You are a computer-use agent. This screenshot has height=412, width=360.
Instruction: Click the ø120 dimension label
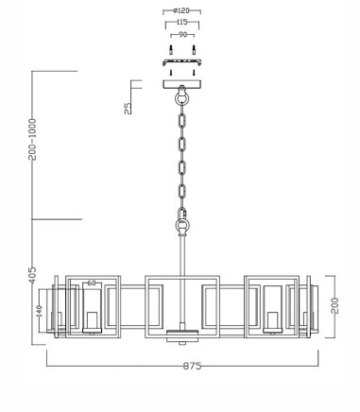click(181, 10)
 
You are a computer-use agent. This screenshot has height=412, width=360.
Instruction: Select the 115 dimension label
click(182, 23)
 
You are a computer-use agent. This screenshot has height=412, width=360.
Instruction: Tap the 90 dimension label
click(182, 35)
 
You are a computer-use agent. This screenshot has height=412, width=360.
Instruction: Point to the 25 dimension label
click(128, 109)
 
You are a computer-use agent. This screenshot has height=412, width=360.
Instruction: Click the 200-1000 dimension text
click(32, 139)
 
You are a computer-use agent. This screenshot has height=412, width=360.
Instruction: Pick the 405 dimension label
click(33, 275)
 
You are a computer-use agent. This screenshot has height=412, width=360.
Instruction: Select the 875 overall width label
click(192, 366)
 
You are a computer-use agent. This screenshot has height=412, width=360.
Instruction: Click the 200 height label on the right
click(334, 305)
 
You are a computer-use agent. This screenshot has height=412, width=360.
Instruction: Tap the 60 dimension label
click(92, 283)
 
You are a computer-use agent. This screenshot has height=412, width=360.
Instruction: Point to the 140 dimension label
click(39, 311)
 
